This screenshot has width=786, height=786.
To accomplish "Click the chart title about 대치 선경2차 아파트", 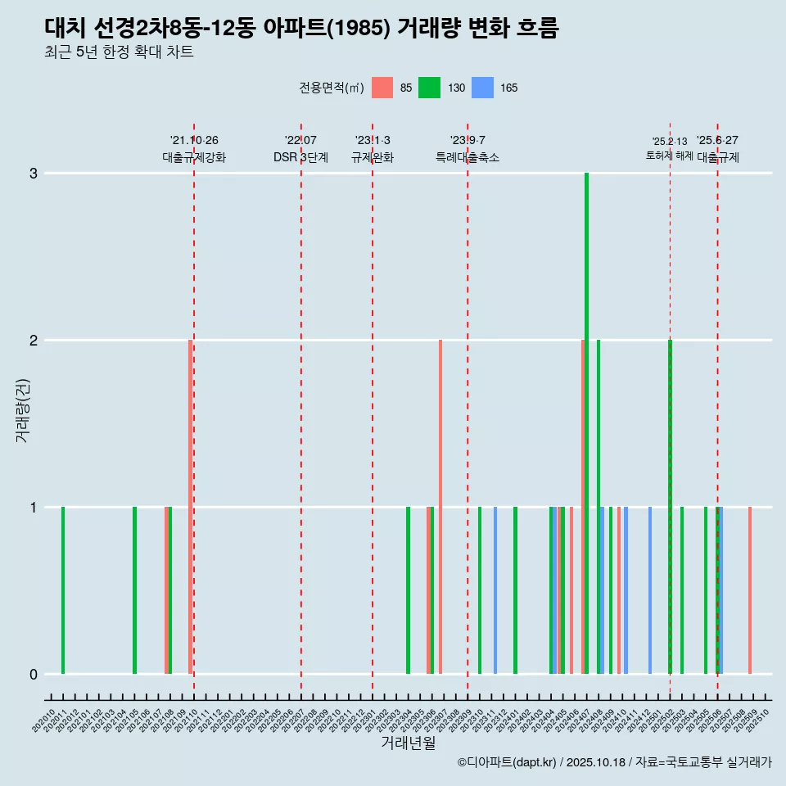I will pos(301,29).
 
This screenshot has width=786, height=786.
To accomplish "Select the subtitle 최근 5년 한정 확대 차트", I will pos(119,52).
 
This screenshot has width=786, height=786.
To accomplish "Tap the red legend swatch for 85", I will pos(382,88).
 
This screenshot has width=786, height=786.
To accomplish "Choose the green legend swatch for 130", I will pos(429,88).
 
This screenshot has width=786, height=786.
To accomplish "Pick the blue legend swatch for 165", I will pos(483,88).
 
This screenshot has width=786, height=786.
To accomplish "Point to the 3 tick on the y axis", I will pos(34,174).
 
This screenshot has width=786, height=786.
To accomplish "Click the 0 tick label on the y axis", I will pos(34,675).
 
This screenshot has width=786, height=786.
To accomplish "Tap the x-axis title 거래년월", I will pos(408,743).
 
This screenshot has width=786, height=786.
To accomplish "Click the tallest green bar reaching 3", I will pos(587,423).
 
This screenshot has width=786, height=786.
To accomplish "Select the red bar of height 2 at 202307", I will pos(440,507).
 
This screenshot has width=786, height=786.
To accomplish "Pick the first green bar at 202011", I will pos(63,590).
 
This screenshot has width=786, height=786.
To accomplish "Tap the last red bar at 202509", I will pos(750,590).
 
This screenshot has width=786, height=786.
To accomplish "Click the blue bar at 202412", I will pos(650,590).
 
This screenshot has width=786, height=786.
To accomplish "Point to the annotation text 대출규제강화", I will pos(194,157).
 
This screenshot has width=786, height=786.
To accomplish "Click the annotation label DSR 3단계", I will pos(301,157).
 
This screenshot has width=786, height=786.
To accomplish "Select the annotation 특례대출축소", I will pos(468,157).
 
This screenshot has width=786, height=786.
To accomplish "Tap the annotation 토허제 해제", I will pos(670,156).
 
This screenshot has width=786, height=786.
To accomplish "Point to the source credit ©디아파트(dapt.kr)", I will pos(508,762).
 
